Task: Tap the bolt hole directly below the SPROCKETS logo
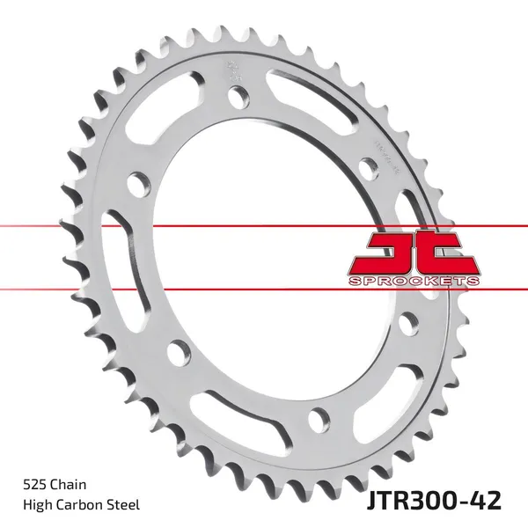click(x=407, y=325)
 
